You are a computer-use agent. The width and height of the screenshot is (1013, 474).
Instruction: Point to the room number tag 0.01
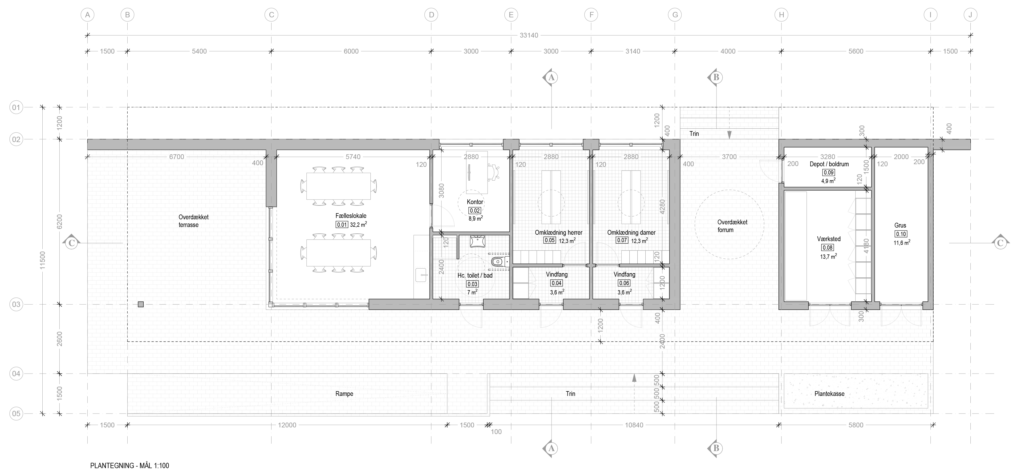[342, 225]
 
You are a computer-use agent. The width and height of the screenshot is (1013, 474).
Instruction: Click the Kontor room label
[475, 202]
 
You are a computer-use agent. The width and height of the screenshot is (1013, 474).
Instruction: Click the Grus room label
[900, 225]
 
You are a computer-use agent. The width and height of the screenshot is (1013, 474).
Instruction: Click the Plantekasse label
[829, 394]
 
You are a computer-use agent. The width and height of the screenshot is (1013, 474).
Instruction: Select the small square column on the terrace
[141, 304]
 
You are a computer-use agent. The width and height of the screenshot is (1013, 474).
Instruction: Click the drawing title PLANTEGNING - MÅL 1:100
[130, 466]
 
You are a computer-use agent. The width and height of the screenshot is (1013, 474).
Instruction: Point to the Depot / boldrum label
[829, 164]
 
